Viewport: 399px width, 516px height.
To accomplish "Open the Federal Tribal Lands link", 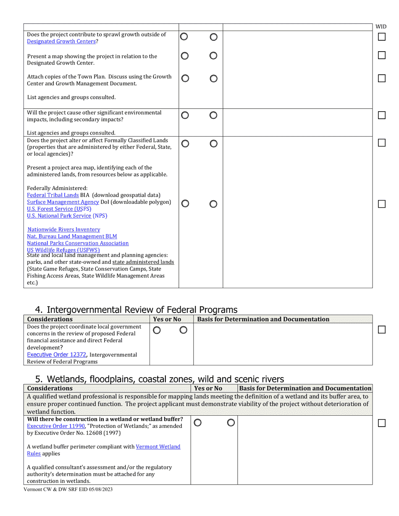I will click(x=53, y=195).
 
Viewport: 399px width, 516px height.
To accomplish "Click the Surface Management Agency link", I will click(x=63, y=202).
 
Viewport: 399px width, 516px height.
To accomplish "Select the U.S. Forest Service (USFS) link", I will click(x=59, y=209).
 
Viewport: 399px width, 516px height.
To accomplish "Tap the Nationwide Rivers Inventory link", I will click(x=64, y=229).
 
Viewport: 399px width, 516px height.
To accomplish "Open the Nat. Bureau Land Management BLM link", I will click(x=72, y=237).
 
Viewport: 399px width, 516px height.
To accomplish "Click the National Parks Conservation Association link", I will click(x=78, y=243).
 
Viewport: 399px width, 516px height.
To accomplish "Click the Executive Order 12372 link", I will click(x=57, y=355).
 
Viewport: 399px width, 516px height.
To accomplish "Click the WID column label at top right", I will click(x=381, y=27).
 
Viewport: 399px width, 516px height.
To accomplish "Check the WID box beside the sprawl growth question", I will click(x=381, y=37).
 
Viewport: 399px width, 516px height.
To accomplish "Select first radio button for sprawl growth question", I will click(x=184, y=37).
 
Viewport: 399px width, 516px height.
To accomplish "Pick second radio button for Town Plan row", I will click(x=213, y=78).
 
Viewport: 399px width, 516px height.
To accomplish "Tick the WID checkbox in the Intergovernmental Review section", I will click(x=381, y=330).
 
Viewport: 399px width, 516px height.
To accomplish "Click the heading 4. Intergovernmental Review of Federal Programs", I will click(x=136, y=310).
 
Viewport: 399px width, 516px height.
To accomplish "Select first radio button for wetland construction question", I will click(x=198, y=423).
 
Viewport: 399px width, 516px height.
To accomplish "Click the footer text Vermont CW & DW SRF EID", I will click(x=68, y=489).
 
